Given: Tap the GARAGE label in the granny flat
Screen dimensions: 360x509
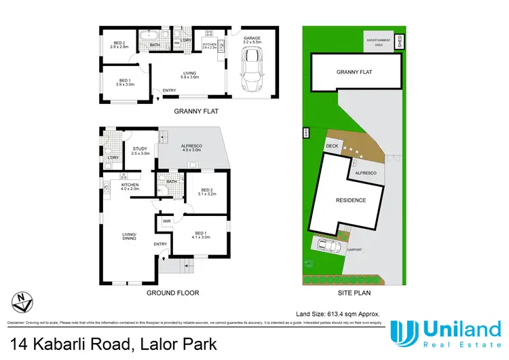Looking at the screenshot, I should [x=252, y=39].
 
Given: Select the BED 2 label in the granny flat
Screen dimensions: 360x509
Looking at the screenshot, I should [x=120, y=45].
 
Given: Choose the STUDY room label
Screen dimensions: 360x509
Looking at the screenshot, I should [x=140, y=151].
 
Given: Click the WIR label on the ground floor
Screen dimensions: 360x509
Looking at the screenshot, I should [x=166, y=221].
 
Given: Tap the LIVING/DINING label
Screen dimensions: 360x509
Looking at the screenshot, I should [x=129, y=236].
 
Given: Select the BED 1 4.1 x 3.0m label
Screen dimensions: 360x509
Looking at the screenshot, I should [x=200, y=234].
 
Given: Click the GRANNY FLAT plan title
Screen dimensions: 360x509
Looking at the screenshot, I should [x=197, y=111].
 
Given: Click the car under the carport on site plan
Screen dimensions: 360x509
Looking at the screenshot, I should [x=327, y=245].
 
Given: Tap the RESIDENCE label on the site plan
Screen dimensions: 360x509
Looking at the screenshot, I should [x=351, y=200].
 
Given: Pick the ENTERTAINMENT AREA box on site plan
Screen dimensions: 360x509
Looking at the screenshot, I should [x=379, y=41].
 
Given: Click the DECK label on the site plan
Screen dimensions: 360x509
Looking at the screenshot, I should [x=332, y=145].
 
